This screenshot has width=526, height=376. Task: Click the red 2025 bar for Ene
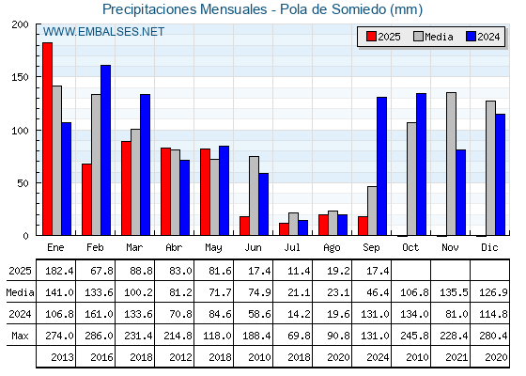(x=47, y=139)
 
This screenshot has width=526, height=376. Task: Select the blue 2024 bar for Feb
(x=105, y=150)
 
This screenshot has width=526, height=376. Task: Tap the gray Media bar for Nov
(x=451, y=164)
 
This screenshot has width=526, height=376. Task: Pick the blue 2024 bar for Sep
(x=381, y=166)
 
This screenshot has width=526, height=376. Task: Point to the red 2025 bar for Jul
(x=284, y=229)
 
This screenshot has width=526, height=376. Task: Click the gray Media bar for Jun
(x=254, y=196)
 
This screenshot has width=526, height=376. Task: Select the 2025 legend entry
(x=383, y=37)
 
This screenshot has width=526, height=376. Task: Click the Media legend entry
(x=433, y=37)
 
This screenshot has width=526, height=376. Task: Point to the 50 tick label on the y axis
(x=23, y=183)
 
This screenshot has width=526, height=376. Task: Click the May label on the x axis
(x=213, y=248)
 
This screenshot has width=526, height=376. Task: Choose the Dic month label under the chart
(x=489, y=247)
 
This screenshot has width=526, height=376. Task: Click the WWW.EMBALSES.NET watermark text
(x=103, y=32)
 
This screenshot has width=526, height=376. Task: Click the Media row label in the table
(x=20, y=292)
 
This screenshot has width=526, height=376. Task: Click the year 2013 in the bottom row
(x=62, y=357)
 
